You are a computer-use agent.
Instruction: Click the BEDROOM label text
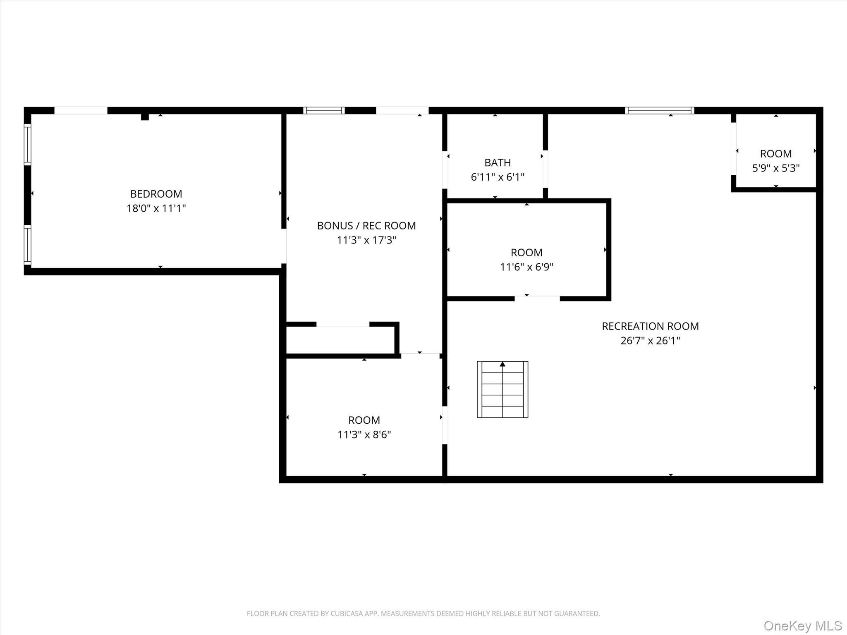coord(156,193)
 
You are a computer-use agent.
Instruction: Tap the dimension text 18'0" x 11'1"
coord(156,208)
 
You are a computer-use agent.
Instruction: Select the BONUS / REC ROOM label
coord(366,225)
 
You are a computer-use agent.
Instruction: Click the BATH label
coord(498,162)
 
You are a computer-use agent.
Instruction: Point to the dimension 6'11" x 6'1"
coord(498,177)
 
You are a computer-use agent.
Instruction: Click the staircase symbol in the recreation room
coord(502,389)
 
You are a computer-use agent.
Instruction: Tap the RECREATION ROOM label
coord(650,326)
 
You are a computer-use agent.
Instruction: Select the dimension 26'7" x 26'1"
coord(650,341)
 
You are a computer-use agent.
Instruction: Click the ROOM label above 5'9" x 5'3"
coord(775,153)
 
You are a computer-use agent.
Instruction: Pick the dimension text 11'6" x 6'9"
coord(526,267)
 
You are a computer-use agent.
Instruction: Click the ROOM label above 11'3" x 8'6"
coord(364,420)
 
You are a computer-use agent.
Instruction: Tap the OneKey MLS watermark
coord(802,625)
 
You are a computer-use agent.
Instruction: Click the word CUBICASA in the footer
coord(347,614)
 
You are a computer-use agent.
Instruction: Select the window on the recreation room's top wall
coord(659,110)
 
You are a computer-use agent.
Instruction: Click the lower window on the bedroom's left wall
coord(27,245)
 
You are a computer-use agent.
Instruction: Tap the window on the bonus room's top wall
coord(324,110)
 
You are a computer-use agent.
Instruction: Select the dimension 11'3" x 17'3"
coord(366,240)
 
